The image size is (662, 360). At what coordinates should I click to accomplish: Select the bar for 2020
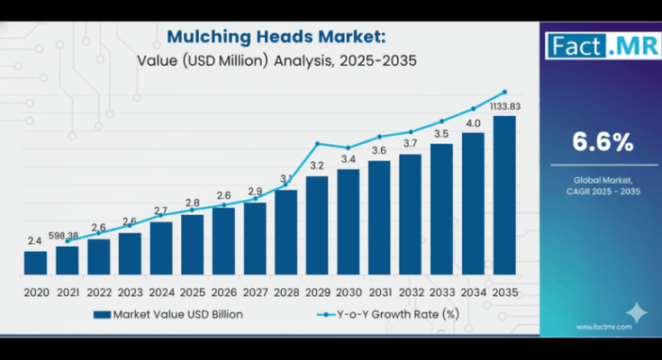tap(35, 263)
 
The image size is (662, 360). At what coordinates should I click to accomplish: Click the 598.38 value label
tap(68, 236)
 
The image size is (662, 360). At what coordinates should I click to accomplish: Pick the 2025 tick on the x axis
tap(192, 292)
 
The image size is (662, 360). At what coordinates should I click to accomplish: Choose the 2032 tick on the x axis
tap(411, 292)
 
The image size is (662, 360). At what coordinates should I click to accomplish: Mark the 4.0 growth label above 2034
tap(473, 123)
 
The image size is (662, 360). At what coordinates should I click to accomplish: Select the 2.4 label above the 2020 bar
tap(35, 241)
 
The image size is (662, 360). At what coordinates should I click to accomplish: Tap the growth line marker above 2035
tap(504, 92)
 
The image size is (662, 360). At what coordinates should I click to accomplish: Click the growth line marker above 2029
tap(317, 143)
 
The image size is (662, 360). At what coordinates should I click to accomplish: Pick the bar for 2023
tap(130, 254)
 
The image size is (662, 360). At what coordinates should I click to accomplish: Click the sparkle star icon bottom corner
tap(636, 312)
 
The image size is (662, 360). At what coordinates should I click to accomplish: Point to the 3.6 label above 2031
tap(379, 150)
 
